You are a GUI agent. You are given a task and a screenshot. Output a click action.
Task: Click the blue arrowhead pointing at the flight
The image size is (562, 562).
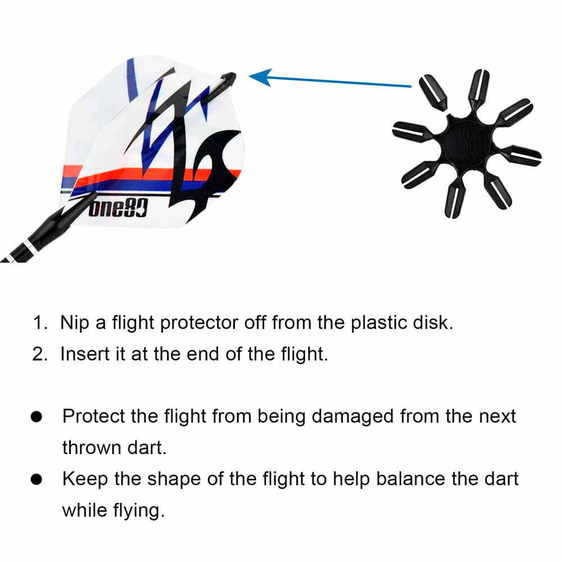pyautogui.click(x=260, y=77)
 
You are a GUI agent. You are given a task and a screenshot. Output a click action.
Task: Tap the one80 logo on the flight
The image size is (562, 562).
pyautogui.click(x=118, y=209)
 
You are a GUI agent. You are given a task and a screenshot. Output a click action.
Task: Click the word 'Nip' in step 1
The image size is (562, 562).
pyautogui.click(x=75, y=323)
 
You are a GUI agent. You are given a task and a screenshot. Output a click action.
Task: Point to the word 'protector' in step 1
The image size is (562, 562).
pyautogui.click(x=199, y=323)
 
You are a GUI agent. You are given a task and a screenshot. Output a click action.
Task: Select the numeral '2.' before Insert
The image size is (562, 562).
pyautogui.click(x=40, y=354)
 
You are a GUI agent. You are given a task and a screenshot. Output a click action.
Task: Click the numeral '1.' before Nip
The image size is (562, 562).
pyautogui.click(x=40, y=323)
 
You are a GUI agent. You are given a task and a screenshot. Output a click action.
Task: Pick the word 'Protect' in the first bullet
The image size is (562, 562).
pyautogui.click(x=93, y=416)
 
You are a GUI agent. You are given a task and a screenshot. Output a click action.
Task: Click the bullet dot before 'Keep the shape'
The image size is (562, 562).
pyautogui.click(x=37, y=479)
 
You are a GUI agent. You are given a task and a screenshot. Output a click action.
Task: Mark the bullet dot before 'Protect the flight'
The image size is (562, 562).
pyautogui.click(x=37, y=416)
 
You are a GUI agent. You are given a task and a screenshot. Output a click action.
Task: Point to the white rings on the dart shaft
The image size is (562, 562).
pyautogui.click(x=29, y=248)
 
